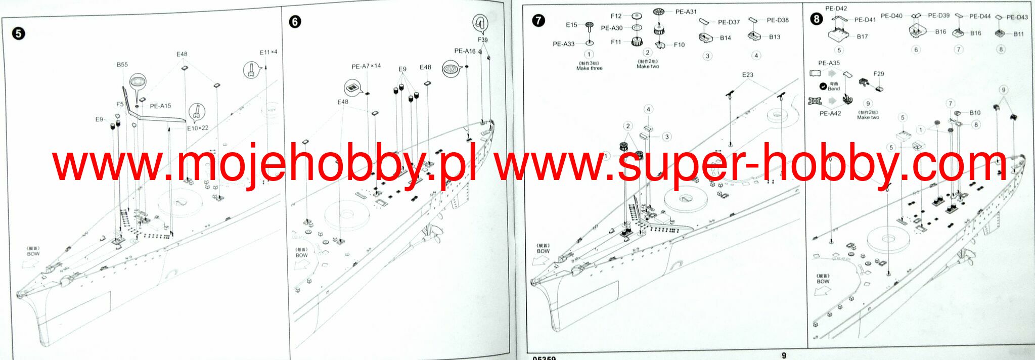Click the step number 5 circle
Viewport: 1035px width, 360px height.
coord(19,33)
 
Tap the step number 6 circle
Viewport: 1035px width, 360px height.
coord(295,22)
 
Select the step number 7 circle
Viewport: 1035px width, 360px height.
coord(538,20)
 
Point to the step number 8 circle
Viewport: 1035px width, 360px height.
coord(816,19)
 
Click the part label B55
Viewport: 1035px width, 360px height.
coord(122,65)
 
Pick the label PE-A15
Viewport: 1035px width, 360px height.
coord(160,106)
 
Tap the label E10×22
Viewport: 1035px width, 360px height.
coord(198,128)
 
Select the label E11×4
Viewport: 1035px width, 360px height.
coord(268,52)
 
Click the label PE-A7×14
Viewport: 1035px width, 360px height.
coord(366,66)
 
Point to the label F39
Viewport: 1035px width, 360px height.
coord(483,40)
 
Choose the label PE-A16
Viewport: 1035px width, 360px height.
coord(465,51)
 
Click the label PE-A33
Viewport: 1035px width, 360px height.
coord(564,44)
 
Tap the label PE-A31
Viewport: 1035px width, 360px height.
coord(686,12)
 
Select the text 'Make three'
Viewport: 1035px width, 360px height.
coord(590,68)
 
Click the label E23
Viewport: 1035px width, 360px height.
coord(748,75)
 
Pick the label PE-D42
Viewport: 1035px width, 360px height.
coord(836,9)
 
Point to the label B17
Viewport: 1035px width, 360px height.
coord(862,37)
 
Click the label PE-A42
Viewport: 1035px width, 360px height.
coord(830,114)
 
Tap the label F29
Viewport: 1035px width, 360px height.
coord(879,74)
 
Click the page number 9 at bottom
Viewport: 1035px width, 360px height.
coord(784,355)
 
